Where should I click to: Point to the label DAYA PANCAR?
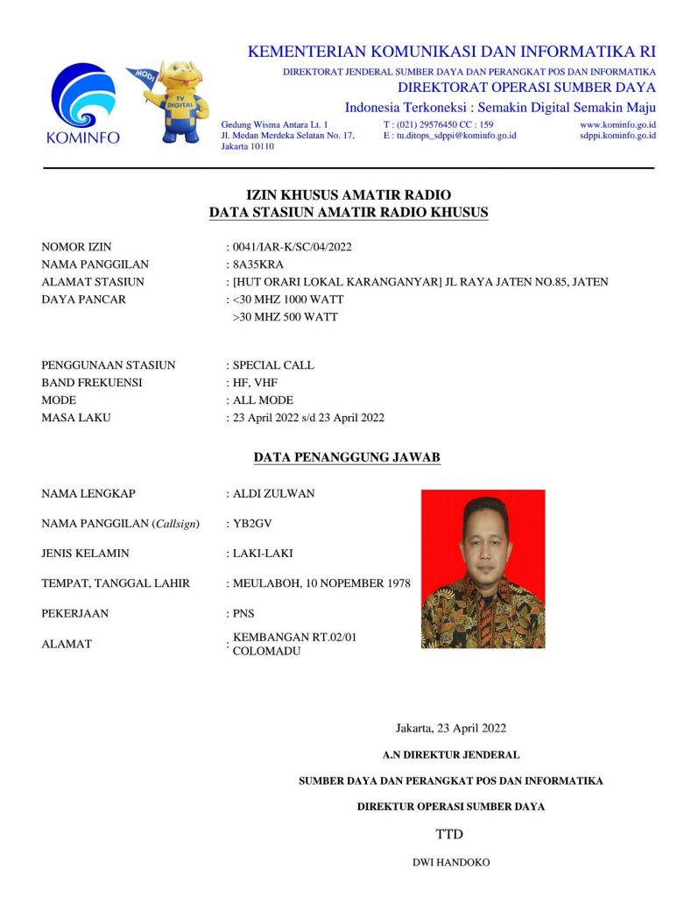[84, 300]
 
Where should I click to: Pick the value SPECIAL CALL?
[273, 365]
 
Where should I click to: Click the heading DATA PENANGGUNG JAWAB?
[347, 457]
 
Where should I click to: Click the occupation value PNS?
[243, 613]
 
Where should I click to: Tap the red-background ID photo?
[483, 569]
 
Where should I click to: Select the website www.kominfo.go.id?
[617, 125]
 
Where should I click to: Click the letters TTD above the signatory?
[449, 834]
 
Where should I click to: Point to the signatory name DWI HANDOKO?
[451, 863]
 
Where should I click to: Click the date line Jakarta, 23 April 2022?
[451, 727]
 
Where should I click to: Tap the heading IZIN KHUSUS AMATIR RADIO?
[349, 195]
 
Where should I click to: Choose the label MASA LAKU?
[76, 418]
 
